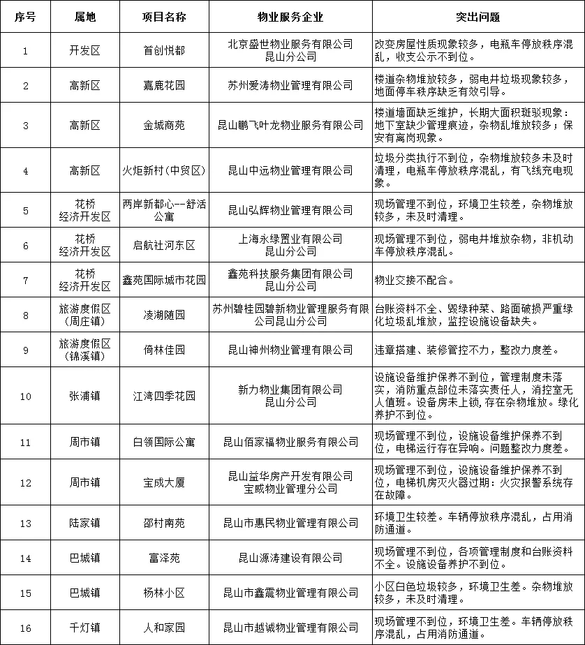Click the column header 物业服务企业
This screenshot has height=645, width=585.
[290, 16]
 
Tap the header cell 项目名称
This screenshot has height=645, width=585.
[164, 16]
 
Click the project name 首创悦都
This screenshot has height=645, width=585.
[164, 50]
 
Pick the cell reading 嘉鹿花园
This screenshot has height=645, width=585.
[164, 85]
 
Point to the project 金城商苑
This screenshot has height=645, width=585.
[164, 125]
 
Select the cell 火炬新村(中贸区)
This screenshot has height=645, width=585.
[164, 170]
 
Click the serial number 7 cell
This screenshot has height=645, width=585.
[26, 280]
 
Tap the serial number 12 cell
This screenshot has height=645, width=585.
[26, 482]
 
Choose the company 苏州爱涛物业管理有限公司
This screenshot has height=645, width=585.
[290, 85]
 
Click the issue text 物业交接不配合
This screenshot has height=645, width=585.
[415, 280]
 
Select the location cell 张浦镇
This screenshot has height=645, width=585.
[85, 396]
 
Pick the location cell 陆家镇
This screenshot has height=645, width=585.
[85, 523]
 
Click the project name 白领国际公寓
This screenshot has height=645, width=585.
[164, 442]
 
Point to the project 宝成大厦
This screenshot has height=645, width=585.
[164, 482]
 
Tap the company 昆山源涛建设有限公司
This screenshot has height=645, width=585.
[290, 558]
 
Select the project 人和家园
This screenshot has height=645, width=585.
[164, 628]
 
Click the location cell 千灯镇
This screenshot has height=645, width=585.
[85, 628]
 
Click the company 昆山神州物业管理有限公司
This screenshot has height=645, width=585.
[290, 349]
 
